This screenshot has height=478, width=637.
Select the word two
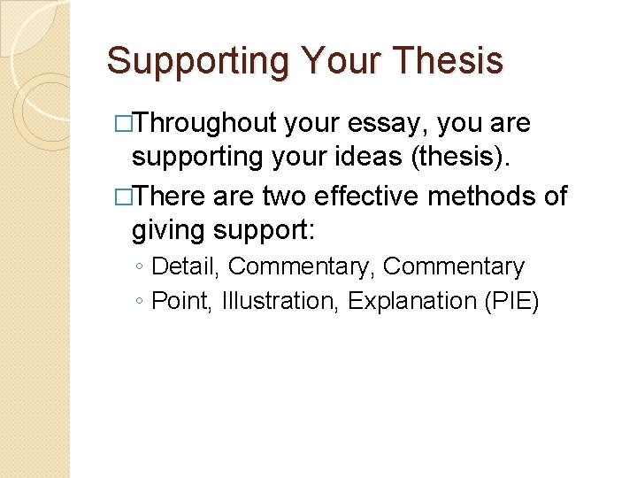pyautogui.click(x=283, y=196)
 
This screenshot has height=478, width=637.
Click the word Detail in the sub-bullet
pyautogui.click(x=187, y=266)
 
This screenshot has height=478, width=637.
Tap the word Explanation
pyautogui.click(x=411, y=301)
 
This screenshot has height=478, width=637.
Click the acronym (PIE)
pyautogui.click(x=510, y=301)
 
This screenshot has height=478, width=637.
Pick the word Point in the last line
pyautogui.click(x=179, y=301)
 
